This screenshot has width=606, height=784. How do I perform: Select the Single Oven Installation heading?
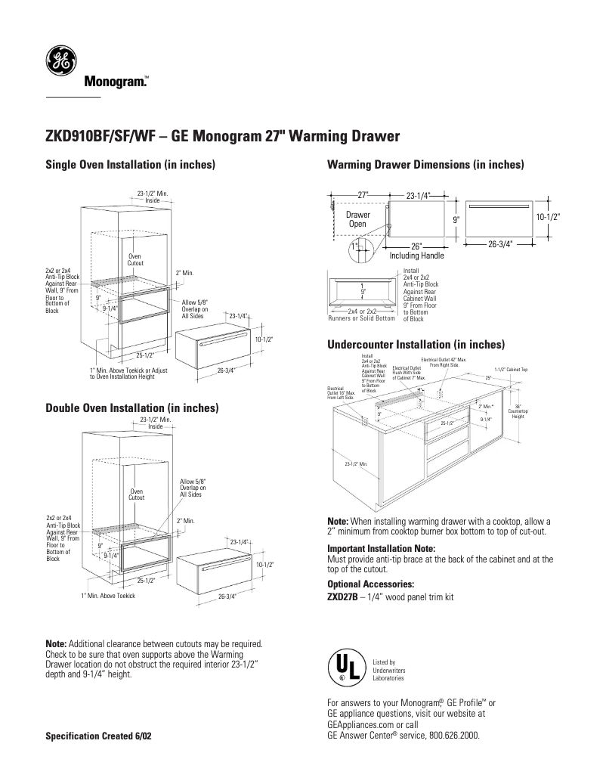click(131, 165)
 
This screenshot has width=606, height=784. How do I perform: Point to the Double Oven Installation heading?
click(133, 408)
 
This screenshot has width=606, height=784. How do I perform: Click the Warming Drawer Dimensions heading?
click(425, 165)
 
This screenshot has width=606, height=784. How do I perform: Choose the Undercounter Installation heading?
click(416, 345)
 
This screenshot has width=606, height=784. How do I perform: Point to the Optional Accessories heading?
click(370, 584)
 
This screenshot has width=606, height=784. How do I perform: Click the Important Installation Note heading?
click(381, 548)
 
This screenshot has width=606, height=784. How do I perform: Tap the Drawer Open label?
click(357, 219)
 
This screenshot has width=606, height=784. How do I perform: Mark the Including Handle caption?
click(416, 256)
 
